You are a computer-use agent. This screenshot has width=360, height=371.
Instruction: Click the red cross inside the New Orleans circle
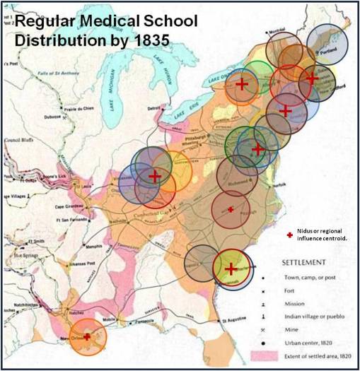tap(87, 337)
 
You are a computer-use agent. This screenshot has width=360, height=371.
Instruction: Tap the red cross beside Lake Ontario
tap(241, 84)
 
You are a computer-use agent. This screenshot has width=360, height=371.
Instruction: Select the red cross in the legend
tap(289, 235)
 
